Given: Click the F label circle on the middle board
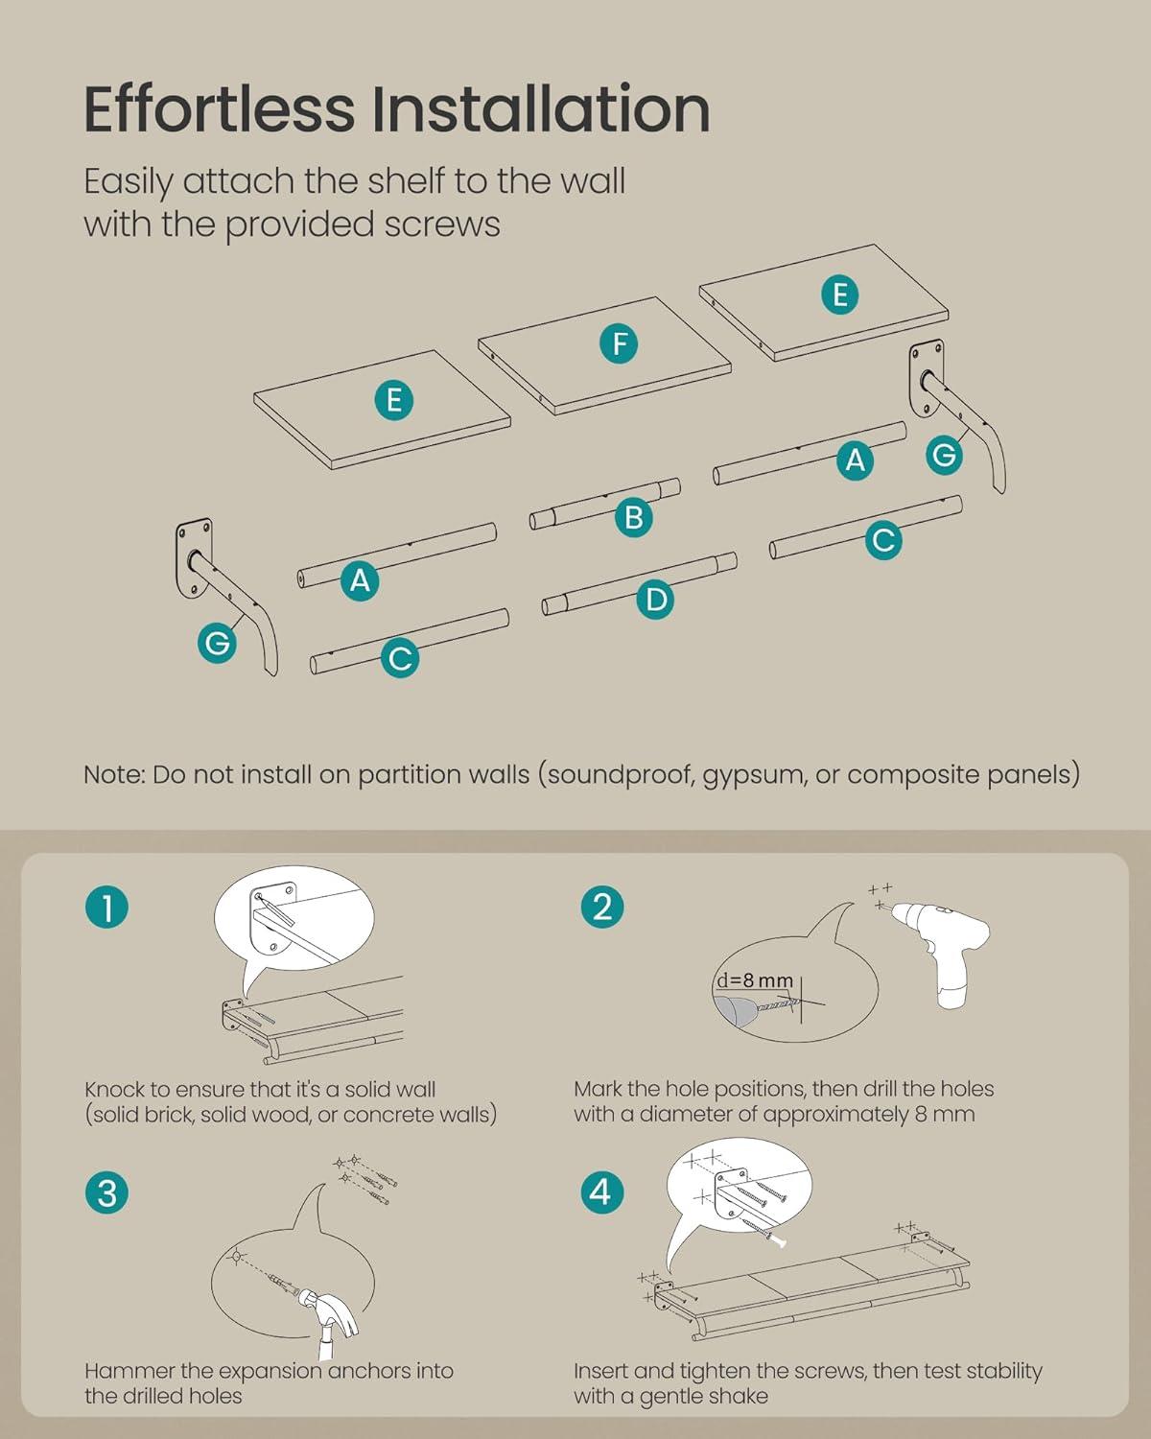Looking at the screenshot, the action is (619, 344).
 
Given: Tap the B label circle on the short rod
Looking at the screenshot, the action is (633, 517).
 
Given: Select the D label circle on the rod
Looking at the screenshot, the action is (655, 600).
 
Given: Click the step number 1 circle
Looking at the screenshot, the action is (107, 908).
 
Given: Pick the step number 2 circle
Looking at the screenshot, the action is (602, 908).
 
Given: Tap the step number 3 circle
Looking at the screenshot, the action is (107, 1193).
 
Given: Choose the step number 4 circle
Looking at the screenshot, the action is (602, 1192).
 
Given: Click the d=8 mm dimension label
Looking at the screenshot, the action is (755, 980).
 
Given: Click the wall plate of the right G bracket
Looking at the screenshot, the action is (927, 380).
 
